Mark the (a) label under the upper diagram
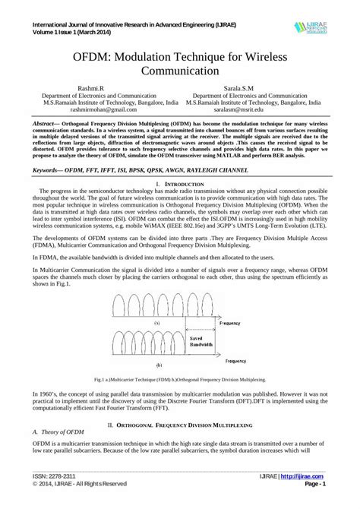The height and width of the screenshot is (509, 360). coord(156,322)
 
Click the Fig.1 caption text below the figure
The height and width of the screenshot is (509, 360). coord(179,378)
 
